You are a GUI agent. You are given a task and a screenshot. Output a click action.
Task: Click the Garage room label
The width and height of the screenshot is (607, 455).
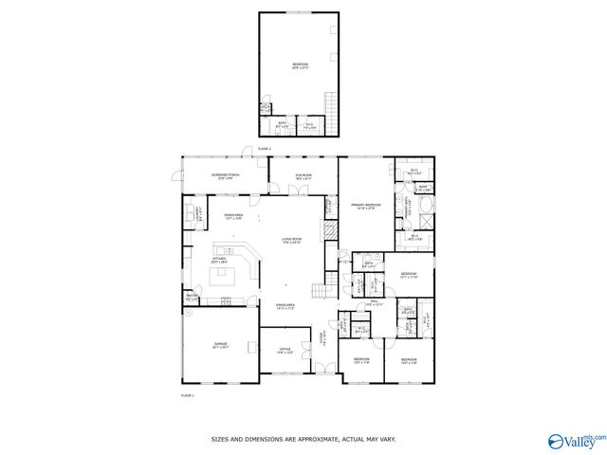220,346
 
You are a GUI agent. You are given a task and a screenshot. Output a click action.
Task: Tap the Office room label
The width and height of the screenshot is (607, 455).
284,352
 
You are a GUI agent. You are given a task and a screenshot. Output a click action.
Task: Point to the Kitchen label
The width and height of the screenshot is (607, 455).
219,259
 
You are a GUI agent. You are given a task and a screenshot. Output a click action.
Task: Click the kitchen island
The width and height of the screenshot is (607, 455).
226,276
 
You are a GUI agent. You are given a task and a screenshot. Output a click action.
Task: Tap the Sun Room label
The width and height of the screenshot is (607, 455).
303,176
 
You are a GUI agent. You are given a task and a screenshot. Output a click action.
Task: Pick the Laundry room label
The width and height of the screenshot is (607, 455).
198,212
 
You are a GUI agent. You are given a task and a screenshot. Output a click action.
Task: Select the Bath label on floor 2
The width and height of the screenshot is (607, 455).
278,125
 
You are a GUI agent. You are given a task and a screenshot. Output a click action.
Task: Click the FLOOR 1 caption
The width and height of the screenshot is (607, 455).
187,394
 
